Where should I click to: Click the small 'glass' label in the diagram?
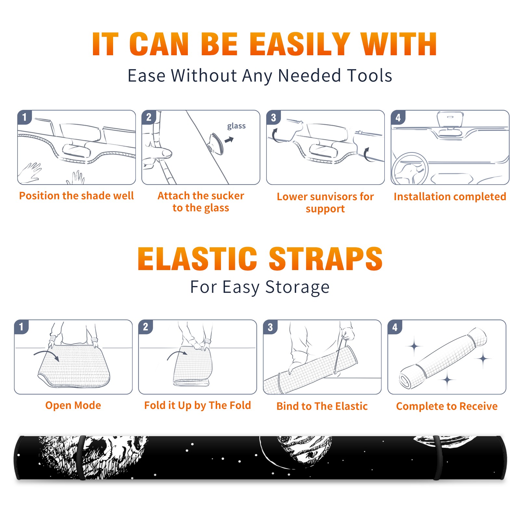coord(236,126)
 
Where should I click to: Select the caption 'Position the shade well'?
coord(76,196)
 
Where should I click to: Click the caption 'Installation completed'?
coord(450,196)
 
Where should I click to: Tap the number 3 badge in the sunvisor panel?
coord(274,118)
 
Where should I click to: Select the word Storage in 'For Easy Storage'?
coord(297,287)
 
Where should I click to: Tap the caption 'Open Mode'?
coord(73,405)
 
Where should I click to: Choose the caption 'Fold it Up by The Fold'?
coord(198,405)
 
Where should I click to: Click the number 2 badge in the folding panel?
coord(146,327)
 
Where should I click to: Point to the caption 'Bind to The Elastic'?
coord(322,406)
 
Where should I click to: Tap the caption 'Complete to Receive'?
coord(447,406)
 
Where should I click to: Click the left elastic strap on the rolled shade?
coord(81,458)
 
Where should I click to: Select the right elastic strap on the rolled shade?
coord(437,458)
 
